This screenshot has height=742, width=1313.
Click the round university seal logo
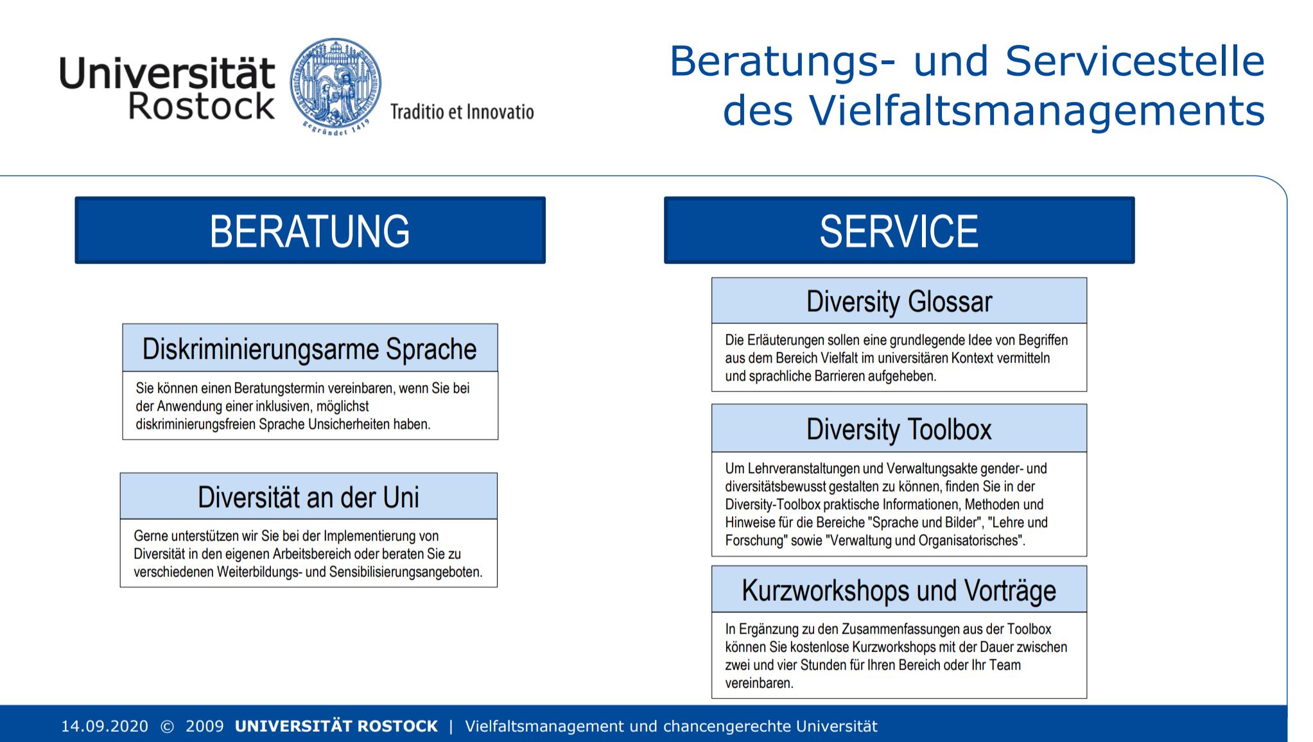pyautogui.click(x=335, y=86)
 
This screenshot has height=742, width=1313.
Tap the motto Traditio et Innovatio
pyautogui.click(x=462, y=112)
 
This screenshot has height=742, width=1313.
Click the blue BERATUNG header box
pyautogui.click(x=310, y=230)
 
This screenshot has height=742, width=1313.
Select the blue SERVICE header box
pyautogui.click(x=899, y=230)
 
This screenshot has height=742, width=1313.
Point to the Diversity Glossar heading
pyautogui.click(x=899, y=301)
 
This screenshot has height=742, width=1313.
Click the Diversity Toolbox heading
pyautogui.click(x=899, y=429)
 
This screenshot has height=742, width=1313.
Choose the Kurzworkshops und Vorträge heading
pyautogui.click(x=899, y=590)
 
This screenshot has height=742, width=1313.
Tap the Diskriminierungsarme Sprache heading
pyautogui.click(x=309, y=349)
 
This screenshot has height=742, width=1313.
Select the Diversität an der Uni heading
pyautogui.click(x=308, y=497)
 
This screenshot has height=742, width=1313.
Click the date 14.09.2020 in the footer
pyautogui.click(x=105, y=726)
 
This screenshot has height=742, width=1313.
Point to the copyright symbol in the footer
pyautogui.click(x=167, y=727)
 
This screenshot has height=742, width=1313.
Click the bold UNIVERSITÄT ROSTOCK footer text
pyautogui.click(x=336, y=726)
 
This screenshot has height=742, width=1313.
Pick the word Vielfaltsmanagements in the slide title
pyautogui.click(x=1037, y=111)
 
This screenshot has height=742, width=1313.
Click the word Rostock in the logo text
pyautogui.click(x=202, y=106)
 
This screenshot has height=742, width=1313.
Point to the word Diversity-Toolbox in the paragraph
pyautogui.click(x=773, y=505)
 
